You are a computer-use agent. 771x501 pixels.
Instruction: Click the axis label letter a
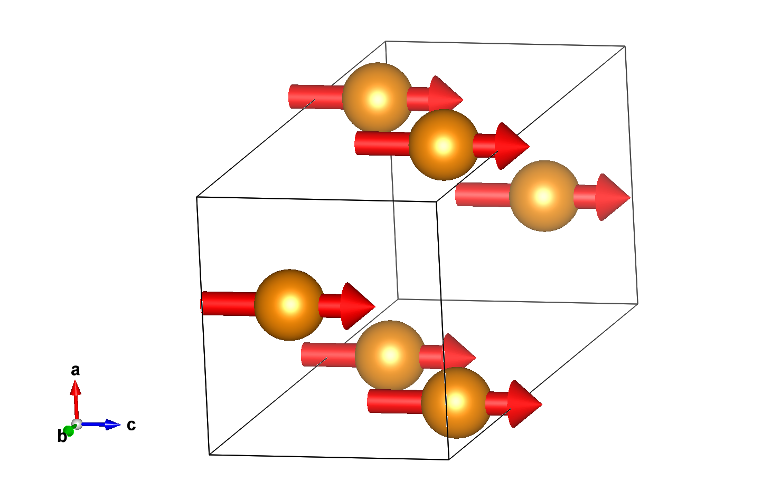pyautogui.click(x=76, y=370)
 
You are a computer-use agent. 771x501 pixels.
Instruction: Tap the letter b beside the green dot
pyautogui.click(x=61, y=437)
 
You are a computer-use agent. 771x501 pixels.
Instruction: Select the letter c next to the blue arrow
pyautogui.click(x=131, y=425)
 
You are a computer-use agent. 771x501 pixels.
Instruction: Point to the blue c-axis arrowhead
pyautogui.click(x=112, y=425)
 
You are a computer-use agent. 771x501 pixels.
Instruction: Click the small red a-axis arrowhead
pyautogui.click(x=76, y=388)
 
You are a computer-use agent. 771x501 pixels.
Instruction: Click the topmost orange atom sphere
pyautogui.click(x=377, y=98)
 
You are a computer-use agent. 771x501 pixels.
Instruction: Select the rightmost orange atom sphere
pyautogui.click(x=544, y=196)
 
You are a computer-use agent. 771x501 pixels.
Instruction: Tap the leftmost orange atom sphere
pyautogui.click(x=289, y=304)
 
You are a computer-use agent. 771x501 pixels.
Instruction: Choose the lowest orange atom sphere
pyautogui.click(x=456, y=402)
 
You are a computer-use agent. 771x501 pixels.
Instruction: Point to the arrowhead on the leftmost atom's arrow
pyautogui.click(x=358, y=306)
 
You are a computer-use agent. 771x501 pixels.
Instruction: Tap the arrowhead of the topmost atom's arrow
pyautogui.click(x=446, y=98)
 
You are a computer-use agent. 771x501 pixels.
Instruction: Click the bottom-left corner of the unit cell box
pyautogui.click(x=210, y=455)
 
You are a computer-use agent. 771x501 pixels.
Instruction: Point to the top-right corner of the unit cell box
pyautogui.click(x=625, y=46)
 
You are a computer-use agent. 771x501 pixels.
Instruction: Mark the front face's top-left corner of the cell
pyautogui.click(x=197, y=197)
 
